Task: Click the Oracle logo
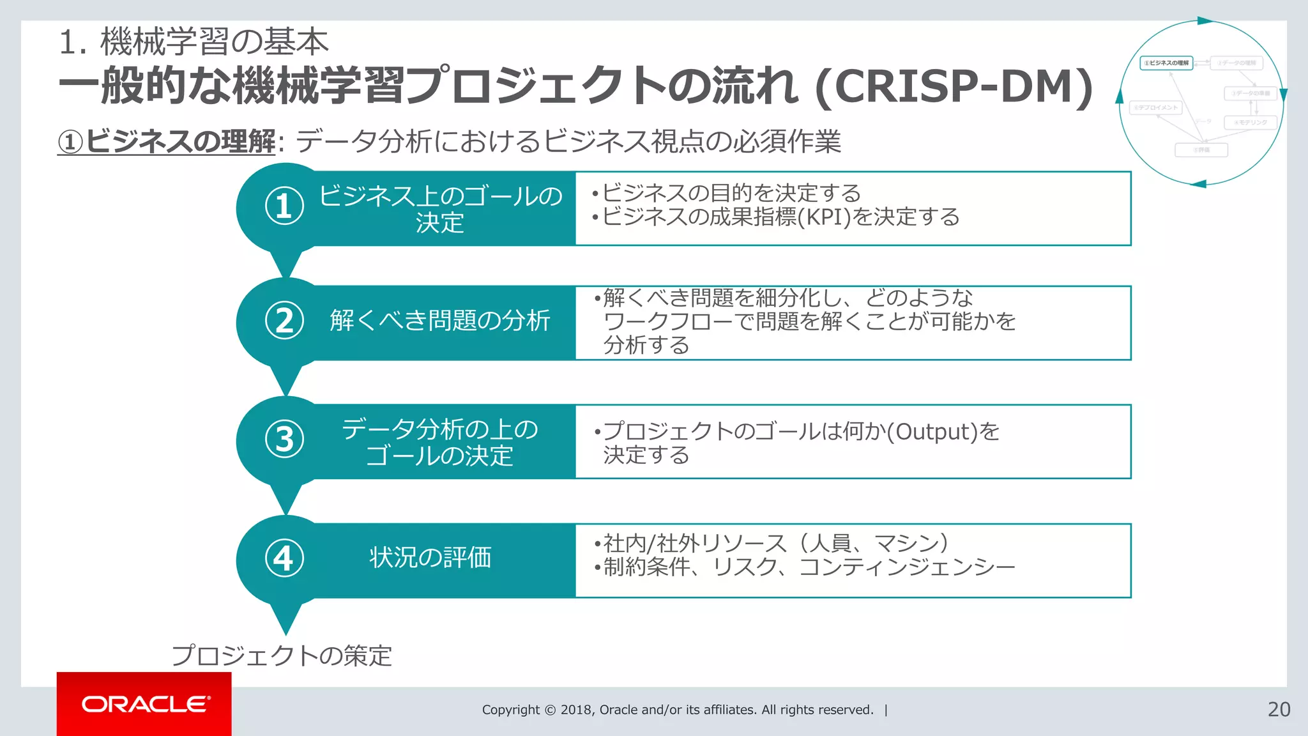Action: (x=145, y=704)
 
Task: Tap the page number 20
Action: (x=1279, y=709)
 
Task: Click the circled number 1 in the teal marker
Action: (x=284, y=206)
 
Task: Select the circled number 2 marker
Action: (x=284, y=320)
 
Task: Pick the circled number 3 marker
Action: (x=284, y=439)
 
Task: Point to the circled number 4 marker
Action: (x=284, y=558)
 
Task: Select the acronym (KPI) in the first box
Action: (x=825, y=217)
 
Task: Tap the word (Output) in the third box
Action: (x=932, y=432)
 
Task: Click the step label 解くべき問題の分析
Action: (x=440, y=321)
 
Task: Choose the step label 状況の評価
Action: (x=430, y=558)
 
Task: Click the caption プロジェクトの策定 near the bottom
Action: (x=282, y=655)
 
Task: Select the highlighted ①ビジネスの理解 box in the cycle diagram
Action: (x=1166, y=63)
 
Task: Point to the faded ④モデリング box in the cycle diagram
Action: (x=1250, y=122)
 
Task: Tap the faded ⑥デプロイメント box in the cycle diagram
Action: (x=1156, y=108)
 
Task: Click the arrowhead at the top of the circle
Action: (x=1205, y=20)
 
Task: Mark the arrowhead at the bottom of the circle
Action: (x=1199, y=184)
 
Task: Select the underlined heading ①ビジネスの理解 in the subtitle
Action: (x=167, y=141)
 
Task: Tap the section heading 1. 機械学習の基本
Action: (x=193, y=42)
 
